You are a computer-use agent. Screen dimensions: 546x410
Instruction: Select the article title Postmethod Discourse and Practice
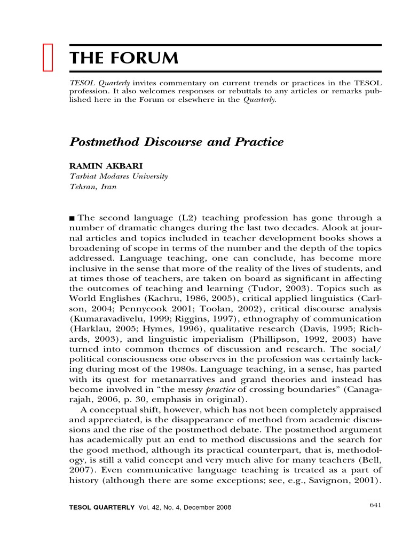click(x=176, y=142)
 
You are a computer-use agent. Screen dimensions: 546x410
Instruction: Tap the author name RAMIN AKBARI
click(x=101, y=167)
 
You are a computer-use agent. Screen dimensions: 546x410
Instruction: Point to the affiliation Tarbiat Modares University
click(x=119, y=176)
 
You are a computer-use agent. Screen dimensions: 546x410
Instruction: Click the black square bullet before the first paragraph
click(x=73, y=218)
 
